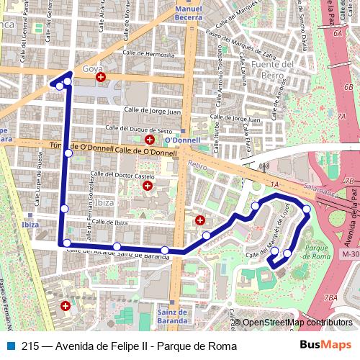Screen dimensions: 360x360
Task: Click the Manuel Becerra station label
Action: tap(189, 13)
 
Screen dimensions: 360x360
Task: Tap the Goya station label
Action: tap(92, 68)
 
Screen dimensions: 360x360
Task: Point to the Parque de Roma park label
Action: tap(317, 252)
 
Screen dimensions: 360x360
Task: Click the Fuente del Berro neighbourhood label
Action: tap(278, 69)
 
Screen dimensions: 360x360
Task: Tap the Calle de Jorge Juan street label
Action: tap(153, 112)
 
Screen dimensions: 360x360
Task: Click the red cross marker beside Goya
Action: tap(101, 76)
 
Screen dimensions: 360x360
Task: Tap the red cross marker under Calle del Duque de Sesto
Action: tap(149, 139)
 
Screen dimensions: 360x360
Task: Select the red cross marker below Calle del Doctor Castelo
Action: tap(148, 186)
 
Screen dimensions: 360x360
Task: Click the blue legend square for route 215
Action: tap(11, 346)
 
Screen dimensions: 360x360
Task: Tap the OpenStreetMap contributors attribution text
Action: tap(297, 323)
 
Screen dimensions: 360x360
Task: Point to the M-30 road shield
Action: tap(351, 254)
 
